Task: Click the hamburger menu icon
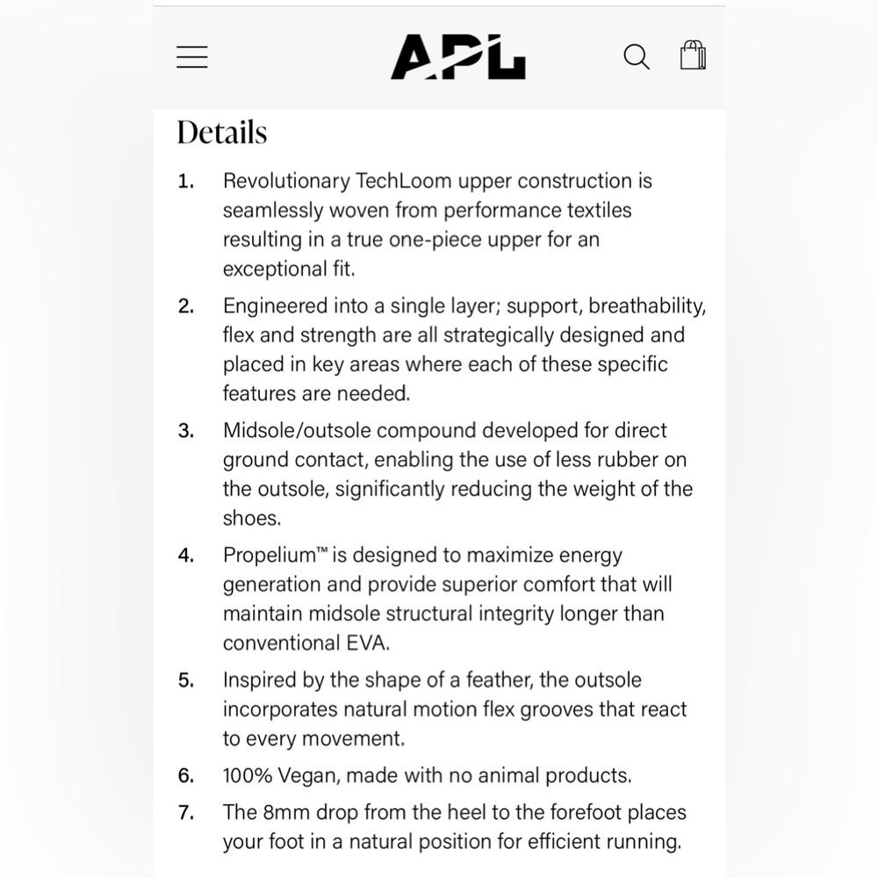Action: click(x=192, y=57)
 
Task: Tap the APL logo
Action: click(x=457, y=57)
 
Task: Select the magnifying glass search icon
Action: click(x=637, y=57)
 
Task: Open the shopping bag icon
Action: click(x=693, y=56)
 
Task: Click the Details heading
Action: click(x=222, y=133)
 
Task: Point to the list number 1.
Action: click(x=184, y=182)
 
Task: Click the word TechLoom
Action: click(x=405, y=181)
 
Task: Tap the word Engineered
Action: click(x=274, y=306)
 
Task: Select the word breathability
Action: click(x=647, y=306)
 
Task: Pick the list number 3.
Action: click(x=185, y=432)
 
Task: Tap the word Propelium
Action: click(x=269, y=556)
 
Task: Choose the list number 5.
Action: click(x=185, y=681)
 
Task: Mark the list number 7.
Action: click(x=185, y=814)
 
